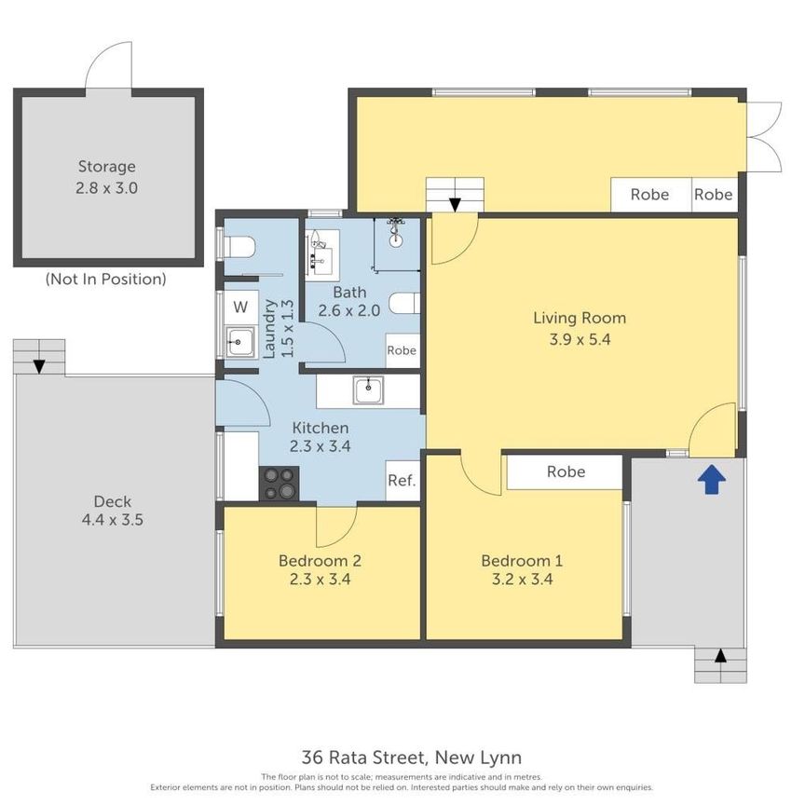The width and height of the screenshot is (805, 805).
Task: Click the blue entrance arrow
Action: [711, 480]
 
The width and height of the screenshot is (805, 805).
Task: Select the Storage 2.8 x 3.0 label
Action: [106, 177]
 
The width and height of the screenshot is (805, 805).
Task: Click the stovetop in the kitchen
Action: [279, 483]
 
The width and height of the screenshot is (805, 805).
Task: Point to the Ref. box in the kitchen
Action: [402, 481]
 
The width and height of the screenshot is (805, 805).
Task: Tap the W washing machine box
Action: [240, 307]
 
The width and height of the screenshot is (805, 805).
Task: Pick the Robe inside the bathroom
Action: [402, 351]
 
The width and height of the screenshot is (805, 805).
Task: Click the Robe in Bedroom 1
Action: [565, 471]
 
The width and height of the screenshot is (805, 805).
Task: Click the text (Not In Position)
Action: [106, 279]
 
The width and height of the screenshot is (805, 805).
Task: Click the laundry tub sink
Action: [240, 342]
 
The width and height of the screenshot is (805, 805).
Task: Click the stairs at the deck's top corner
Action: [39, 357]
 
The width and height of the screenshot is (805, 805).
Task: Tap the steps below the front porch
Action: [720, 665]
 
